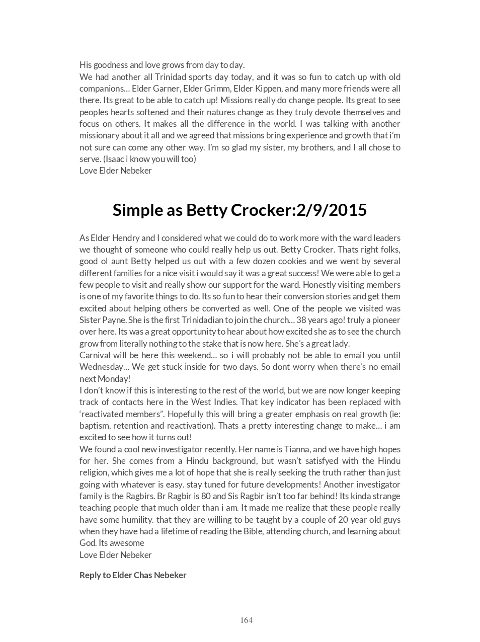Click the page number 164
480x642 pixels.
[246, 620]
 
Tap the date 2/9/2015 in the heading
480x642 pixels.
[332, 210]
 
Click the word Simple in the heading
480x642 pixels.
[135, 210]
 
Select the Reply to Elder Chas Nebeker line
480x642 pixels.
[133, 575]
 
